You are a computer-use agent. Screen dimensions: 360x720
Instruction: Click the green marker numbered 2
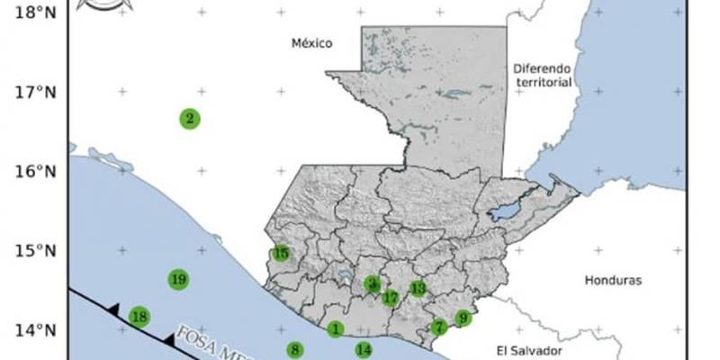189,118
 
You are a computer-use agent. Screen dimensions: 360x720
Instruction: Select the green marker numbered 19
178,279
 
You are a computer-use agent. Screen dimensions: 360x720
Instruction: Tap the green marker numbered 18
139,316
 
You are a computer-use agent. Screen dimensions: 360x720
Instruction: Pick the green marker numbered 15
281,254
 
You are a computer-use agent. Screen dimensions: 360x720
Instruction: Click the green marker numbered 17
390,297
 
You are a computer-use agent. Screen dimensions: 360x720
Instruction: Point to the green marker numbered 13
418,288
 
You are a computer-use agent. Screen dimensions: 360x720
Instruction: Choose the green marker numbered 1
335,330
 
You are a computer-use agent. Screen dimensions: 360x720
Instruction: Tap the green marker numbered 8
295,349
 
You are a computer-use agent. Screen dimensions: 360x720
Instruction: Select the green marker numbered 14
364,350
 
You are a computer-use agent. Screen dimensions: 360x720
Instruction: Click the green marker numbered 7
438,328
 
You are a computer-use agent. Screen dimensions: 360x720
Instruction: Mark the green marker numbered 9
463,318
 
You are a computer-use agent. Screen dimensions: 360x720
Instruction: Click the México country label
312,43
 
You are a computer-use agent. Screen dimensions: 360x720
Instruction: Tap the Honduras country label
613,280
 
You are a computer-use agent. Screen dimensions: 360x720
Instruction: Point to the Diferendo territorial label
543,75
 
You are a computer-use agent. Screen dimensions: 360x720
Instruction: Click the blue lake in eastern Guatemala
506,212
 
